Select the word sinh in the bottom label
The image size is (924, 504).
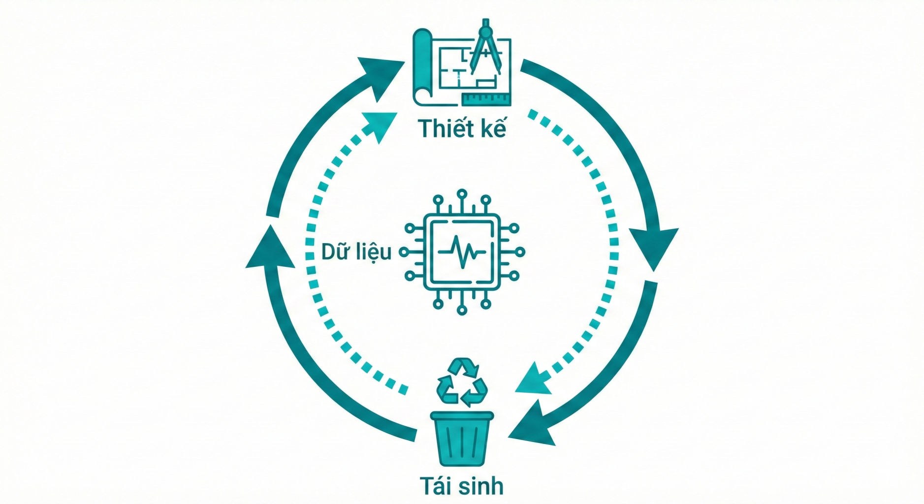tap(481, 486)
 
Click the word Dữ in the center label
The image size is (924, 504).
tap(335, 252)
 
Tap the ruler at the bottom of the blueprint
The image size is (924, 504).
tap(486, 99)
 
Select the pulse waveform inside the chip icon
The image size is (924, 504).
tap(461, 252)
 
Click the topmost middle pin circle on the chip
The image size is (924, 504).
tap(461, 193)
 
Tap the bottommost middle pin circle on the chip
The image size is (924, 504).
tap(462, 310)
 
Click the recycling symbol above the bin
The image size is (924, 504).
tap(462, 382)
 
